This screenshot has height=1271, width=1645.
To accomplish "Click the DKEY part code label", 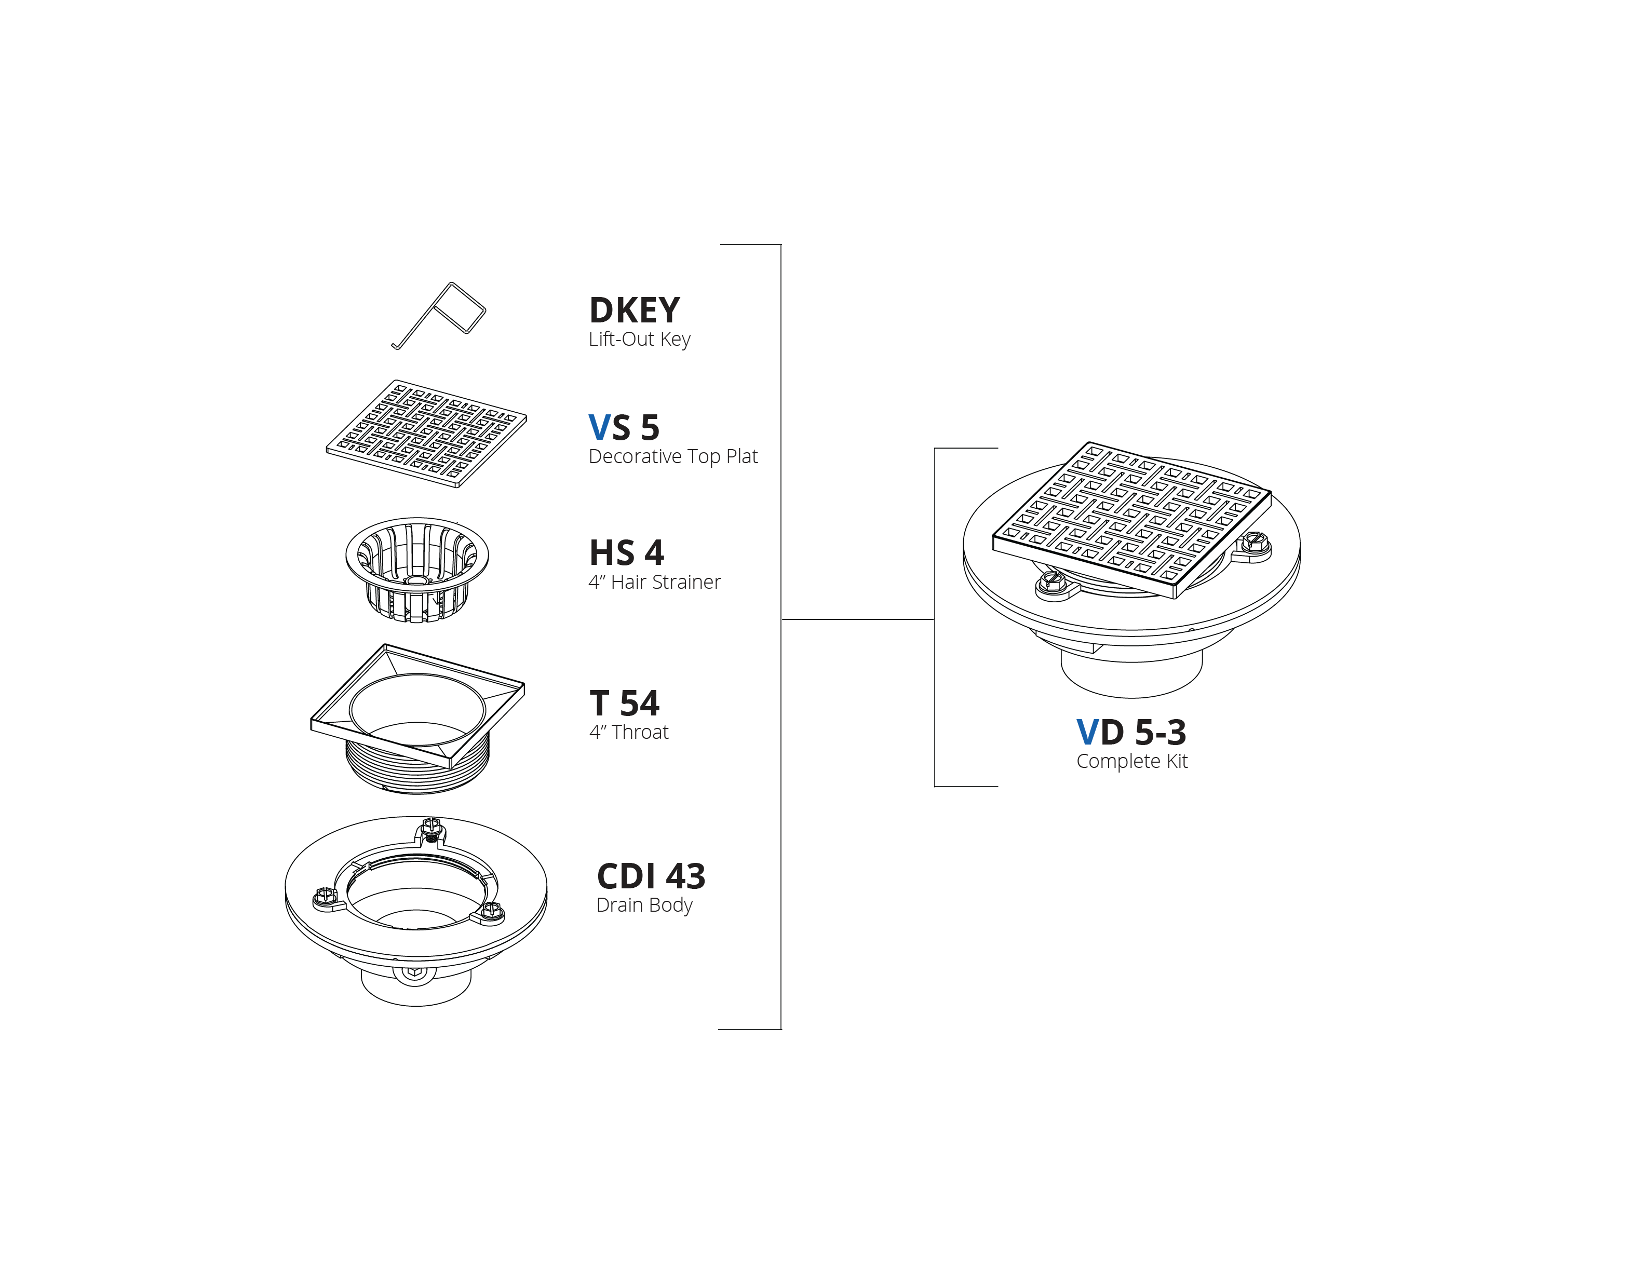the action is (x=634, y=310).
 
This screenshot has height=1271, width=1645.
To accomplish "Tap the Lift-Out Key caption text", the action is (x=640, y=339).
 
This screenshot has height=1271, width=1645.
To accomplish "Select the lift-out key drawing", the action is (x=438, y=316).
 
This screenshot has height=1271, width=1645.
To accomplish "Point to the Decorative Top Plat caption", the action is (x=672, y=456).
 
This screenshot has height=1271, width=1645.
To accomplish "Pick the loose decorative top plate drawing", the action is (x=426, y=434).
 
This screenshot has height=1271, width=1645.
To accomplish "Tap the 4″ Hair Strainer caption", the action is (x=655, y=582).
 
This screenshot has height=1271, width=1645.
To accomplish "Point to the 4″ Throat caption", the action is (x=629, y=732).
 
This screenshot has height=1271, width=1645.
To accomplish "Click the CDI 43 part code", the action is (x=651, y=876).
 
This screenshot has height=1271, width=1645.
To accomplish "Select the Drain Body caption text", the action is (x=644, y=905).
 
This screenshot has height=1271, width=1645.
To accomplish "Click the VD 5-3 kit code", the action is (x=1131, y=732).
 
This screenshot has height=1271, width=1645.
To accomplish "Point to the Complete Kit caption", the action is (x=1132, y=761).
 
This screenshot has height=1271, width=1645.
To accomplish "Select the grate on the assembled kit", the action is (x=1131, y=520).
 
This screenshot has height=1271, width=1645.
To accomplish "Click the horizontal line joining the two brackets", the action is (x=858, y=619).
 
